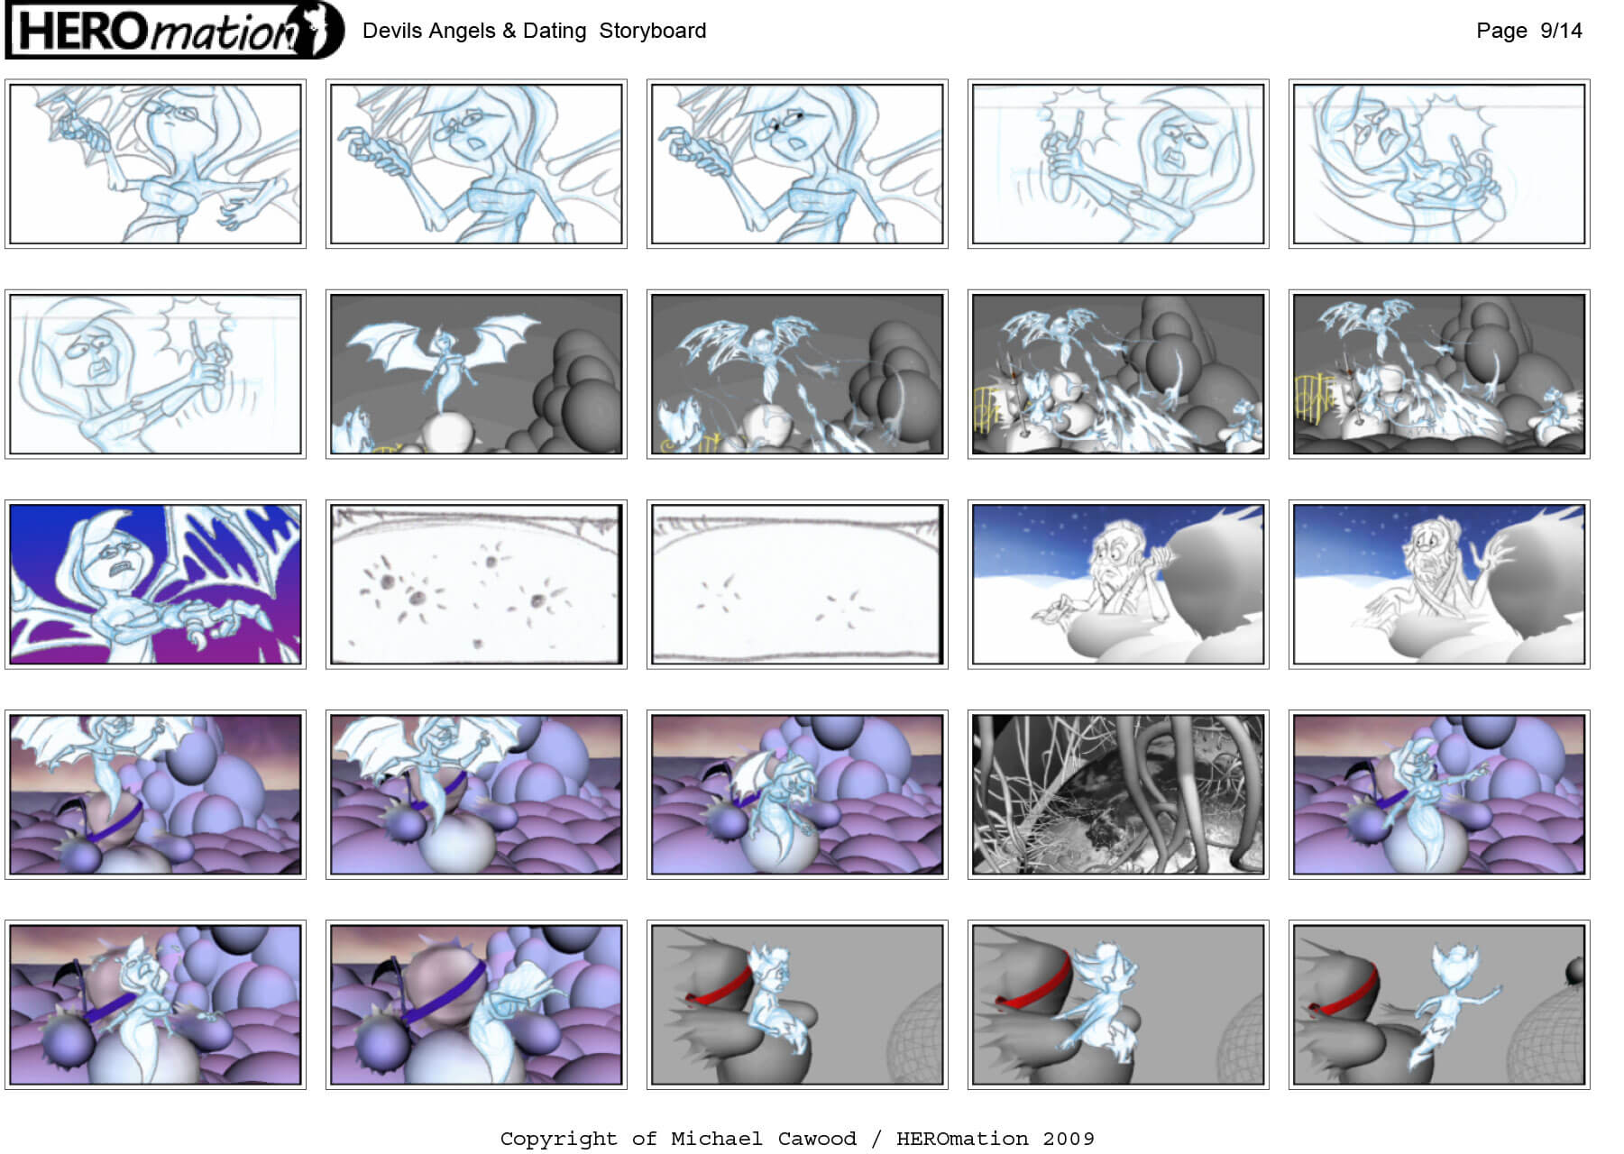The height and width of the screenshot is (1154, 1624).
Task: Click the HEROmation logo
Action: click(x=174, y=31)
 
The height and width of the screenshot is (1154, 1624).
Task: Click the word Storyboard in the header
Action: click(x=653, y=31)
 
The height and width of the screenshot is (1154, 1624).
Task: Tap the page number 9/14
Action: click(x=1561, y=31)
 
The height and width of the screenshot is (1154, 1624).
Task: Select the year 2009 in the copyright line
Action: click(x=1069, y=1139)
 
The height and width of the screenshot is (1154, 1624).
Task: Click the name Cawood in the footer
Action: click(x=817, y=1139)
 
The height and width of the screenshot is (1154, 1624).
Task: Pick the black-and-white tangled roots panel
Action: click(x=1118, y=794)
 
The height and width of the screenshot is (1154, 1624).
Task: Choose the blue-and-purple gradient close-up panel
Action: click(x=155, y=584)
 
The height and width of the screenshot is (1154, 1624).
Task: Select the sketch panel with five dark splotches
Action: click(x=476, y=584)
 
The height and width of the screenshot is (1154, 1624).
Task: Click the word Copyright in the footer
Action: click(x=559, y=1140)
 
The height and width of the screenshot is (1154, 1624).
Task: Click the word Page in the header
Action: click(x=1501, y=31)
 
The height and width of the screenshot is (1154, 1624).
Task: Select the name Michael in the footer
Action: click(x=717, y=1139)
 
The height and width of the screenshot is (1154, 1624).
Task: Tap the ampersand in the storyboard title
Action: click(x=509, y=31)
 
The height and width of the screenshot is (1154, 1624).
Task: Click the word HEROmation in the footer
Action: click(x=962, y=1139)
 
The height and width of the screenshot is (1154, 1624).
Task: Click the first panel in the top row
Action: click(x=155, y=163)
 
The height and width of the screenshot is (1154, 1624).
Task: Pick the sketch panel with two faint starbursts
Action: click(x=797, y=584)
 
